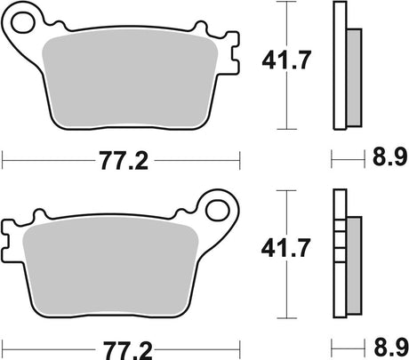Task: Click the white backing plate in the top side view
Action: tap(339, 62)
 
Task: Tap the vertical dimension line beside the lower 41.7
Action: tap(286, 284)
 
